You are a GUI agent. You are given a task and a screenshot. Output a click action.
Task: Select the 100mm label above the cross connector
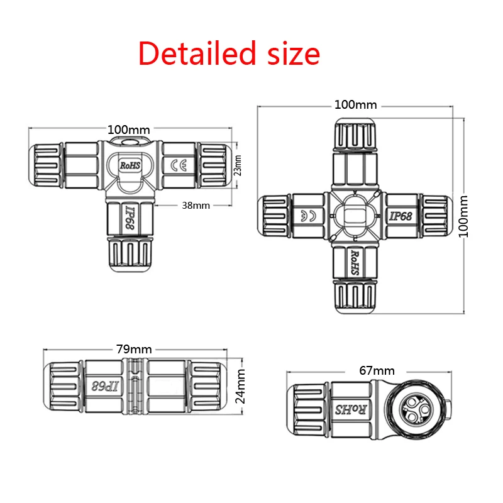355,104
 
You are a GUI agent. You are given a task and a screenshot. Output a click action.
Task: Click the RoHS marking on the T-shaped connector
130,165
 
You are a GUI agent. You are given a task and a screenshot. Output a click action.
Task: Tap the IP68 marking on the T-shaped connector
131,218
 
